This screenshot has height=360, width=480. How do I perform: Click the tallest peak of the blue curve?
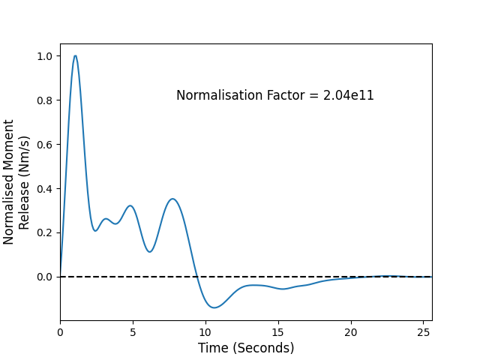point(75,55)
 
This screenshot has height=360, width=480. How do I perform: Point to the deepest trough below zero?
point(214,307)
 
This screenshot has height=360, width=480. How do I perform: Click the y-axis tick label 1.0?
point(44,56)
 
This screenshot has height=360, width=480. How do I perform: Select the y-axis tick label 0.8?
point(44,100)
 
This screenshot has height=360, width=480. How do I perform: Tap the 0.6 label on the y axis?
point(44,145)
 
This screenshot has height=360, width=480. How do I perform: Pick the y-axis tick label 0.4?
point(44,189)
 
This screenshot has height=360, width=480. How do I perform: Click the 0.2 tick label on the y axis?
point(44,233)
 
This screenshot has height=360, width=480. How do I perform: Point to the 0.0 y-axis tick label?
point(44,277)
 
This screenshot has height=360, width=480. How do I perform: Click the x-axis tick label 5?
point(133,332)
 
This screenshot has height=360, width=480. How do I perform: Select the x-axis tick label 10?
point(205,332)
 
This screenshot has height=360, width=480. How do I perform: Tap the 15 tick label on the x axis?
point(278,332)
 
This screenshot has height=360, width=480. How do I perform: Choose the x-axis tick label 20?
point(351,332)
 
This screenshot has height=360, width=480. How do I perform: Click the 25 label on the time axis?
point(423,332)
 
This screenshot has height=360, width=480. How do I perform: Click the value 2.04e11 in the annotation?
point(348,95)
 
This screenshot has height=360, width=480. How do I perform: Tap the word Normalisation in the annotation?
point(219,95)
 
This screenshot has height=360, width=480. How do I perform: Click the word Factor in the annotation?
point(285,95)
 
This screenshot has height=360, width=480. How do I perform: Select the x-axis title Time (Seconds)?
point(246,348)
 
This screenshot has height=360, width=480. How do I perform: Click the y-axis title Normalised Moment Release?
point(16,182)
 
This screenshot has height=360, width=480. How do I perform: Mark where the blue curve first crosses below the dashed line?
point(197,277)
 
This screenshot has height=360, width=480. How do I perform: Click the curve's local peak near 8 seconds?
point(173,199)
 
